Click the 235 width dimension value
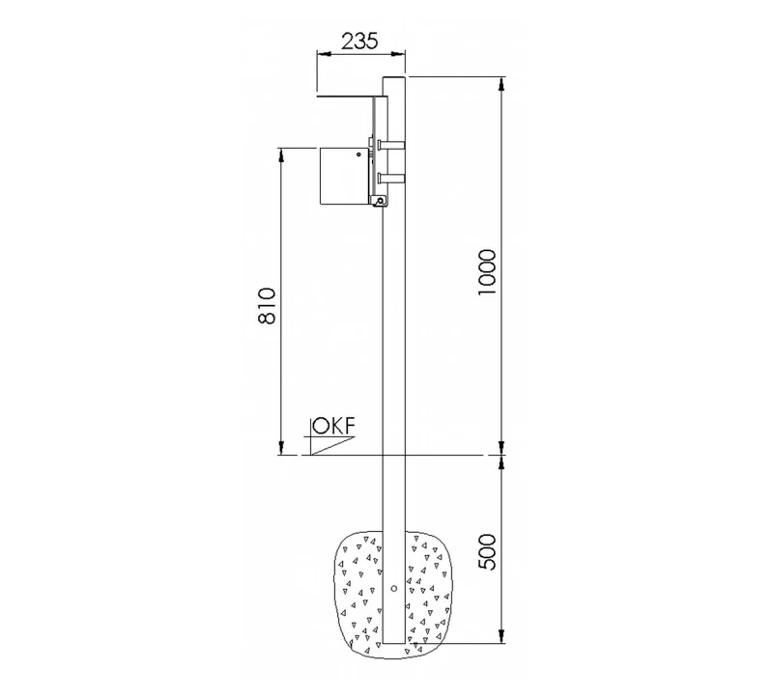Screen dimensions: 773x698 click(x=359, y=41)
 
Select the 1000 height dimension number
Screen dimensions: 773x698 click(x=487, y=272)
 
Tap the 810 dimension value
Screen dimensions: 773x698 click(x=267, y=305)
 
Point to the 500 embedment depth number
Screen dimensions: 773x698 click(x=487, y=551)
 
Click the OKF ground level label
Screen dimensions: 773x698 click(x=333, y=426)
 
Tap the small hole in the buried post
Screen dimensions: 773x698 click(x=394, y=588)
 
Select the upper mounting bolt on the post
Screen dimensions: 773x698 click(x=391, y=145)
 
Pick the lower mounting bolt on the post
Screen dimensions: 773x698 click(x=391, y=178)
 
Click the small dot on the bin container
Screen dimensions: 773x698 click(x=358, y=154)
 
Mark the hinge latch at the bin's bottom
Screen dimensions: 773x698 click(x=379, y=201)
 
